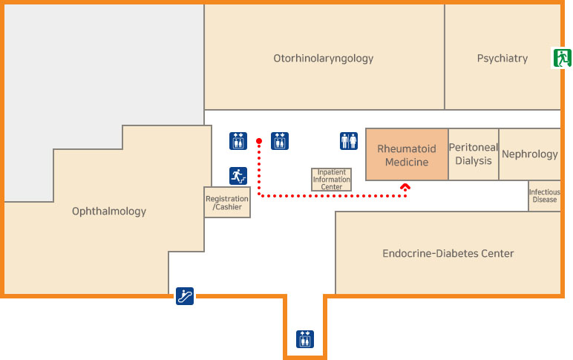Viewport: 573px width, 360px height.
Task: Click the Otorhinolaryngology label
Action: [x=323, y=58]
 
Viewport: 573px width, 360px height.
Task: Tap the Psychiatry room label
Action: [x=502, y=58]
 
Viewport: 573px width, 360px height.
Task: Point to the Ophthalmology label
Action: [x=109, y=212]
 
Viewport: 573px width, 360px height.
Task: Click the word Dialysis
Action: [x=474, y=161]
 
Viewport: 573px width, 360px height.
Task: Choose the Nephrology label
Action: [x=529, y=154]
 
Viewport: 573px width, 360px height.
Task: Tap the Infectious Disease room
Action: [x=544, y=196]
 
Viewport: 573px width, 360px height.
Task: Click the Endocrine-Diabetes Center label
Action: [x=448, y=254]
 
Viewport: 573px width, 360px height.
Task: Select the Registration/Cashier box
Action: [x=227, y=202]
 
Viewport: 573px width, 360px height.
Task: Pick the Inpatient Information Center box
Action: [x=331, y=180]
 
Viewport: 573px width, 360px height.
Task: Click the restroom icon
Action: [x=349, y=141]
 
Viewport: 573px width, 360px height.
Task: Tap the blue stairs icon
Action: [x=238, y=176]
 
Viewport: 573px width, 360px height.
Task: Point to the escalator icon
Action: [x=185, y=296]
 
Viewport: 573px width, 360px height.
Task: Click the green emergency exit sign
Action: [x=560, y=57]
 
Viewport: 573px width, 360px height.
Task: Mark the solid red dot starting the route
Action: [x=259, y=140]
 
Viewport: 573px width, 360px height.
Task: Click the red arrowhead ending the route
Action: [x=405, y=188]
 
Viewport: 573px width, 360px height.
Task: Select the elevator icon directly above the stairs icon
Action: [x=238, y=141]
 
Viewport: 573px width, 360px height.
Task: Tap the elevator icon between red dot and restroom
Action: [x=280, y=141]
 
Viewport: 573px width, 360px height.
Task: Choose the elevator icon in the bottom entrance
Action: [x=304, y=338]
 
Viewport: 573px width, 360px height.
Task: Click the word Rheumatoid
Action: [x=407, y=149]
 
